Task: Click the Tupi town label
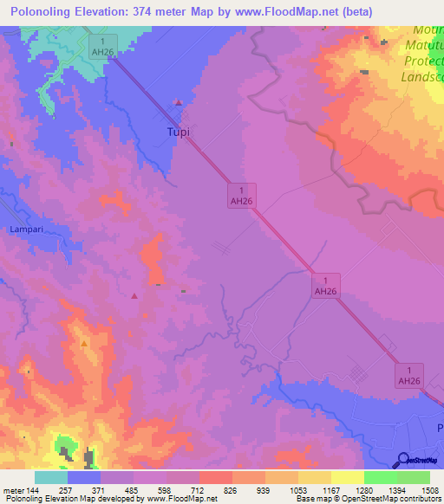(177, 132)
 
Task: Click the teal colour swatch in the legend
(51, 477)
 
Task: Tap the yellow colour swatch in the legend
(347, 477)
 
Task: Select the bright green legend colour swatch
(380, 477)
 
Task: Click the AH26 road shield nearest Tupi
(240, 194)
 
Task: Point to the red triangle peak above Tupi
(179, 102)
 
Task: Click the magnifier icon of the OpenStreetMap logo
(403, 460)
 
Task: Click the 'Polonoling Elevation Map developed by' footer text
(77, 499)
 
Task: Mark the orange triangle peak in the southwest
(84, 344)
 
